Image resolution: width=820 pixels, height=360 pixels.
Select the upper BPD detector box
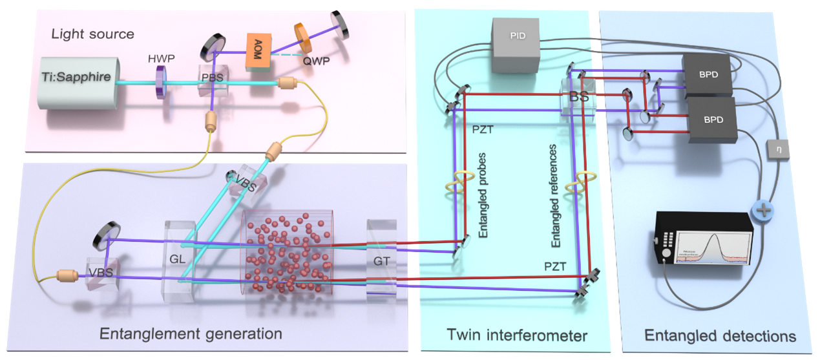pyautogui.click(x=708, y=75)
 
